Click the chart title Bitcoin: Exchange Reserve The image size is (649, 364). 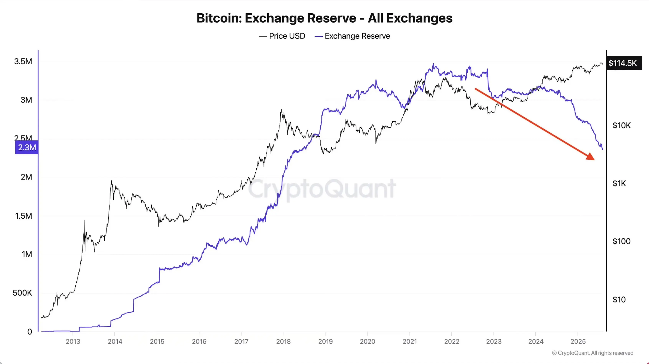pyautogui.click(x=324, y=18)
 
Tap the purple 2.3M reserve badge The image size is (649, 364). pyautogui.click(x=27, y=147)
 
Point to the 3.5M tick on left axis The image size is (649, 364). pyautogui.click(x=23, y=61)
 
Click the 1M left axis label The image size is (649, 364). pyautogui.click(x=27, y=254)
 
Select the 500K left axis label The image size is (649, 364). pyautogui.click(x=22, y=293)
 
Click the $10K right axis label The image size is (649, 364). pyautogui.click(x=621, y=125)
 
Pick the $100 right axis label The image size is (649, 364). pyautogui.click(x=621, y=241)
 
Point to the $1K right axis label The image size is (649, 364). pyautogui.click(x=619, y=183)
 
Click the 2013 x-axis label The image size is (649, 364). pyautogui.click(x=73, y=341)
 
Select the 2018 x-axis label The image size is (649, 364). pyautogui.click(x=283, y=341)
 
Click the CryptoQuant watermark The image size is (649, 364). pyautogui.click(x=322, y=189)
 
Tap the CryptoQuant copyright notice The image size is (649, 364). pyautogui.click(x=592, y=353)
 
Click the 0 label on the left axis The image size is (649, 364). pyautogui.click(x=30, y=332)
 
